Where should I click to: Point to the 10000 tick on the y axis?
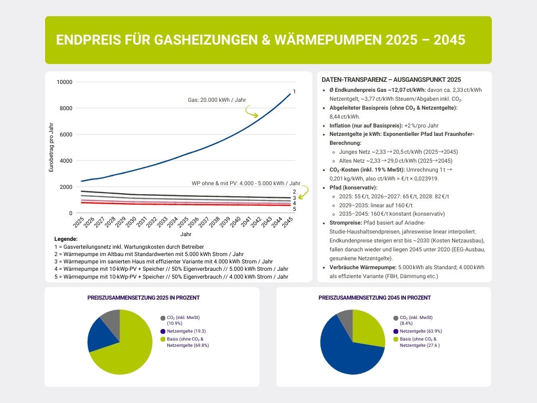click(64, 82)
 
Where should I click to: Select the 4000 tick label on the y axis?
click(66, 161)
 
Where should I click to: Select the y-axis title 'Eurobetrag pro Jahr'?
click(51, 147)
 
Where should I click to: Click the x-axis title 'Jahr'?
click(186, 234)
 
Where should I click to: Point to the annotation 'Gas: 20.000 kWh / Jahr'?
click(217, 99)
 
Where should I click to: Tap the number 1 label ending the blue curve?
click(294, 92)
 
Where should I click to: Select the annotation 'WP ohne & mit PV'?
click(246, 183)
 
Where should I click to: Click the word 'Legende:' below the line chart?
click(66, 239)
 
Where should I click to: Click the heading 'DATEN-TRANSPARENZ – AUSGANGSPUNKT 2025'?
click(391, 80)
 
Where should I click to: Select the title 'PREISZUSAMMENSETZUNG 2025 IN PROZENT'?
click(143, 298)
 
